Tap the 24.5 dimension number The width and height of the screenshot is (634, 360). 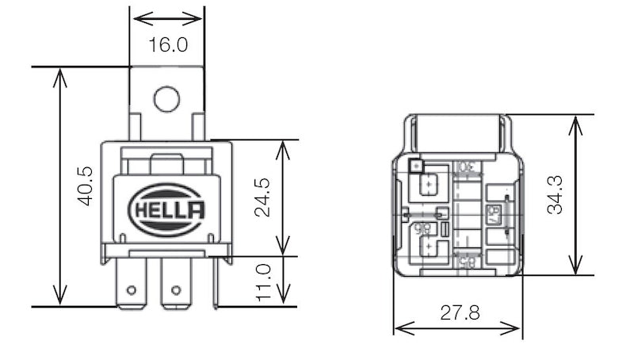click(263, 197)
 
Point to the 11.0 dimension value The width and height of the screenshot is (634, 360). click(264, 281)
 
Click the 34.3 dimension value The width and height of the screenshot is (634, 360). click(555, 194)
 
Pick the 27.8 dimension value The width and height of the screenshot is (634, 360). click(460, 312)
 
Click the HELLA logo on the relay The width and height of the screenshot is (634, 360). click(166, 209)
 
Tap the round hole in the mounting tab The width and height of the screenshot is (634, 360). click(167, 99)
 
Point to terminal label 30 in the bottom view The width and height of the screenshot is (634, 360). click(465, 169)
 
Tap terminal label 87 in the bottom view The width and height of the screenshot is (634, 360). click(491, 213)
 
